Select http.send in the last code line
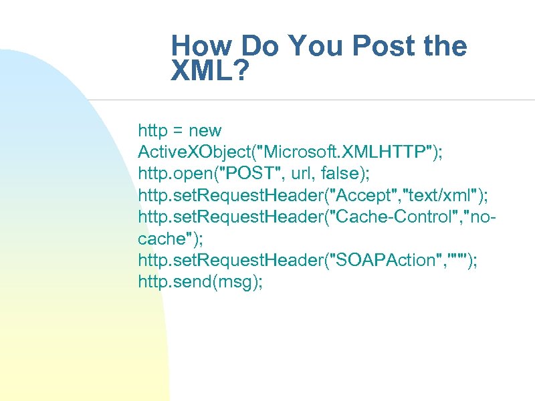click(x=171, y=282)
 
